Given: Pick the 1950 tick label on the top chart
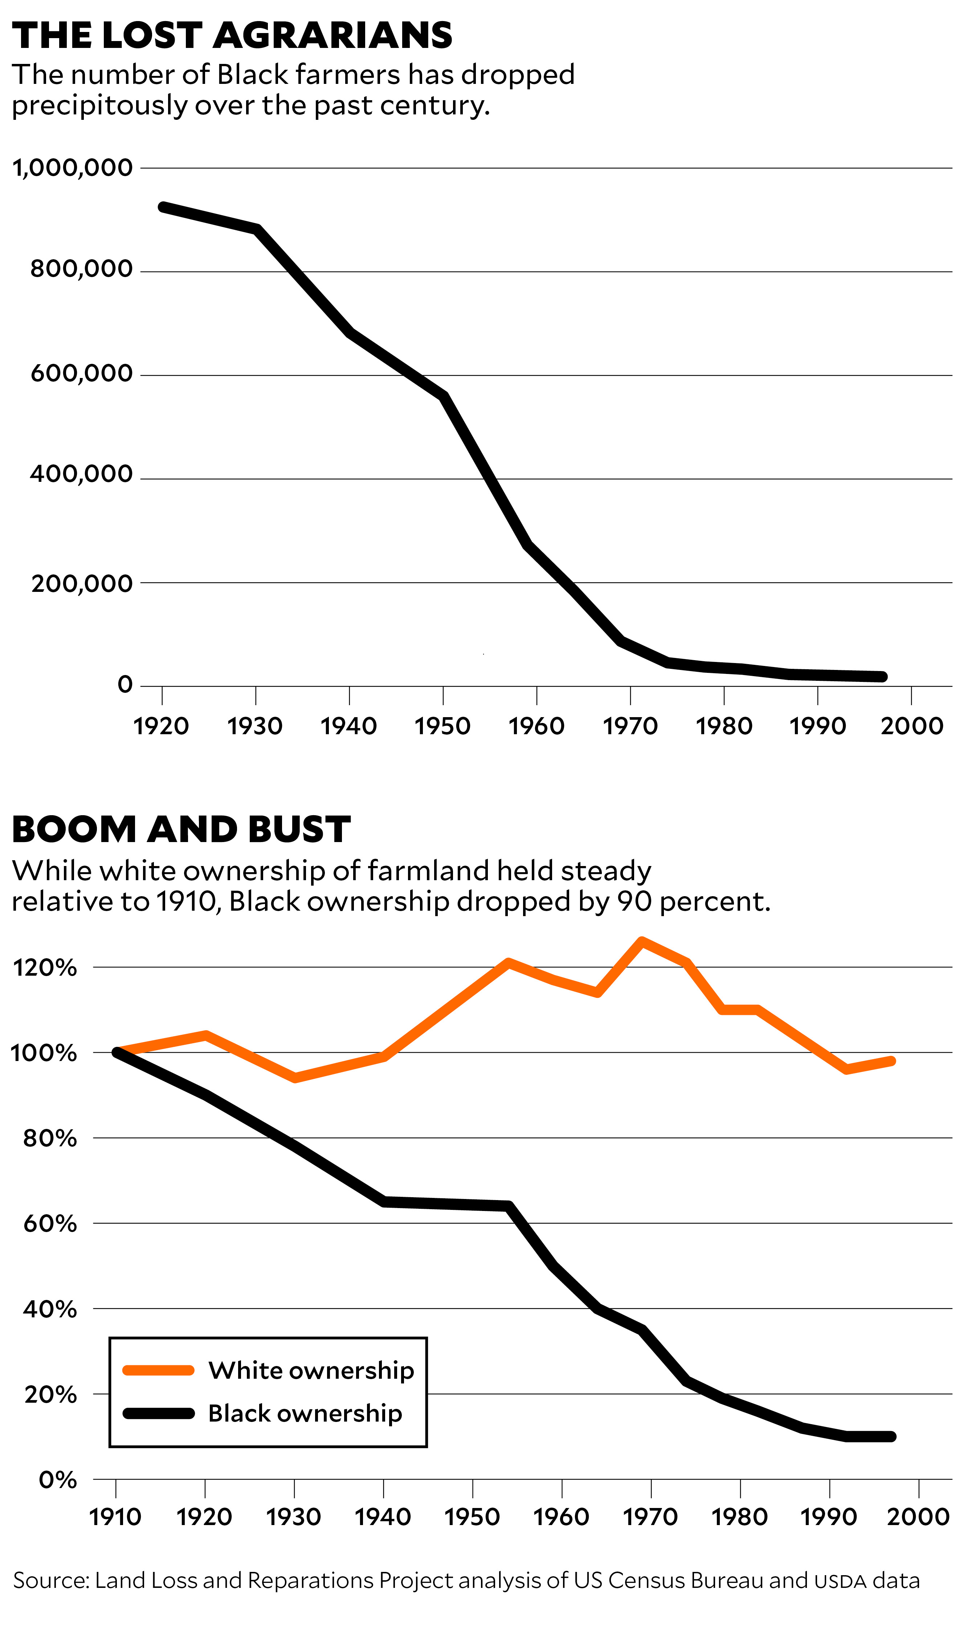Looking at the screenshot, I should (x=442, y=726).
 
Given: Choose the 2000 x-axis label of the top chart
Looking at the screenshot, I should (x=911, y=726).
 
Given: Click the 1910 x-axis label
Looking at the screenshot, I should (x=115, y=1516).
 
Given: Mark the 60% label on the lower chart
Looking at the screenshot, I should (x=50, y=1224).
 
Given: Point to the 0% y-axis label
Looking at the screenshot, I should (x=58, y=1480).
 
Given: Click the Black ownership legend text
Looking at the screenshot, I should (x=305, y=1413).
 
